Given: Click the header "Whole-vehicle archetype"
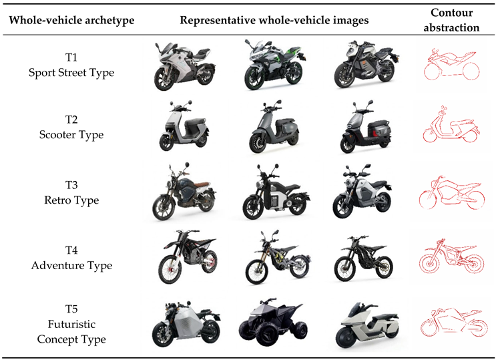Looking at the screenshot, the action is pos(71,20).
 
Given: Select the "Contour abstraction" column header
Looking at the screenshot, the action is pos(451,20).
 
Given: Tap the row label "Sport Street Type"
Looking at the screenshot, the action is pos(71,72).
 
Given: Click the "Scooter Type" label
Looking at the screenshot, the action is pos(71,135).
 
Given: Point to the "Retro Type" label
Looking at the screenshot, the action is pos(71,200).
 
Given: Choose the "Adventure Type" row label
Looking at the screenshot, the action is pos(71,265).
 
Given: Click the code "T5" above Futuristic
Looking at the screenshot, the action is pos(71,309).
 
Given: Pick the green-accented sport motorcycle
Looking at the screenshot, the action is pos(275,65).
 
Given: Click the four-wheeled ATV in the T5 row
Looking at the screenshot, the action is pos(273,322).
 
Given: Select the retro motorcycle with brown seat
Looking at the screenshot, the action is pos(184,192).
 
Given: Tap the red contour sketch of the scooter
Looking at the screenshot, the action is pos(451,126).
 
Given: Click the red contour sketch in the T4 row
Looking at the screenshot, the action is pos(451,256).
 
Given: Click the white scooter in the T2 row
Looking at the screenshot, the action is pos(184,126).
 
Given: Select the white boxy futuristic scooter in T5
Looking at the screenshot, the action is pos(367,325).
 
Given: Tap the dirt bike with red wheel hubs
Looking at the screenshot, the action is pos(188,256).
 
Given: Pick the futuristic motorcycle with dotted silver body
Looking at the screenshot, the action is pos(186,323).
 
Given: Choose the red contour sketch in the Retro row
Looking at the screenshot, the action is pos(452,192).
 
